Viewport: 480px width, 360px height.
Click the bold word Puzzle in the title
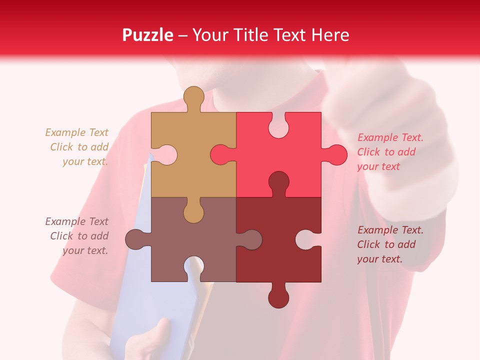point(148,35)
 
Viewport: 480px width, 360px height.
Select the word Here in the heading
point(330,35)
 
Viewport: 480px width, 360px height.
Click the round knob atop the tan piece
point(193,97)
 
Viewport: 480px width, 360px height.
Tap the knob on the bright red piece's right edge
point(336,154)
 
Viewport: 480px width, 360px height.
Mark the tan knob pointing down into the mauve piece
point(193,212)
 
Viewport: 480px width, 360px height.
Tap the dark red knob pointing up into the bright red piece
point(278,182)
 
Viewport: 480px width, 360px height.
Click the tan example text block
point(77,147)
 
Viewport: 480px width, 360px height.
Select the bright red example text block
point(390,152)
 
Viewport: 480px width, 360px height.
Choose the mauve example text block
point(77,236)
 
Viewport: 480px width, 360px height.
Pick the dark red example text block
point(390,244)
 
